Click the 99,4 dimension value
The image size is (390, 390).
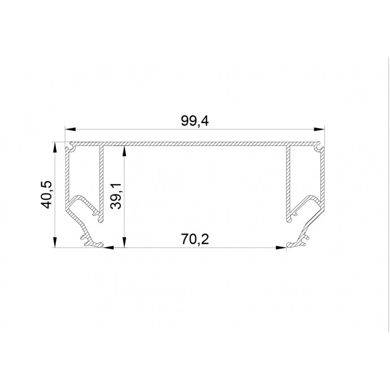(x=194, y=121)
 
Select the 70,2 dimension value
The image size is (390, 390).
(x=195, y=239)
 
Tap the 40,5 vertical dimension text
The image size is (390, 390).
(x=46, y=194)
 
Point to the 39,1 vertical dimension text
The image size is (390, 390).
(x=116, y=196)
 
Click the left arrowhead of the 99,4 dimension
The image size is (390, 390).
(x=70, y=129)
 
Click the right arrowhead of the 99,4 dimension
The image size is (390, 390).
(x=319, y=129)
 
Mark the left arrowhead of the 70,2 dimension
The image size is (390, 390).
(x=108, y=248)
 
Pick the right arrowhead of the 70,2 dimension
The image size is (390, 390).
(x=281, y=248)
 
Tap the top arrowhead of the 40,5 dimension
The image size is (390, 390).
(x=55, y=148)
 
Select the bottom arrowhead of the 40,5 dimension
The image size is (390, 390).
(x=55, y=242)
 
